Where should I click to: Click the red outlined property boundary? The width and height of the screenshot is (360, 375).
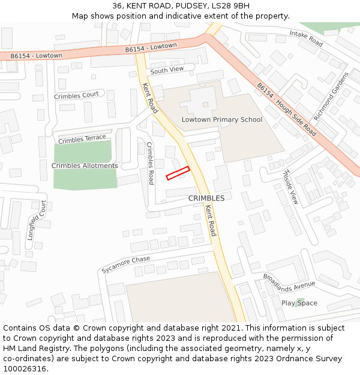tap(178, 173)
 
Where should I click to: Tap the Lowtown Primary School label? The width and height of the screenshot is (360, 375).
tap(222, 119)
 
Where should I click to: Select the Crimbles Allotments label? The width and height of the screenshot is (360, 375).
tap(85, 166)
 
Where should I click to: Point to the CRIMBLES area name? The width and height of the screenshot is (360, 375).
tap(206, 198)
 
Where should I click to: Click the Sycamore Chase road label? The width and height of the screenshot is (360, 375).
tap(125, 264)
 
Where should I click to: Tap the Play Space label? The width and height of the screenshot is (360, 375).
tap(299, 303)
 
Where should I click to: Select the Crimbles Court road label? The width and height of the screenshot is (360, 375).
tap(76, 95)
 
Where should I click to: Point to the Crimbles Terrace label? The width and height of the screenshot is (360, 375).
tap(82, 139)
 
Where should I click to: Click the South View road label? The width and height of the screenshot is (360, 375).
tap(167, 70)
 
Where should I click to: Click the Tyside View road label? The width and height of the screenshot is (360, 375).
tap(290, 187)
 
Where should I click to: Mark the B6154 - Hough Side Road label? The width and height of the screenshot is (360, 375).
tap(286, 109)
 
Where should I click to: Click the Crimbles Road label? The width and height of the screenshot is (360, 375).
tap(151, 163)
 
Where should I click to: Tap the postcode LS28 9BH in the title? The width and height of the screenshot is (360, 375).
tap(226, 6)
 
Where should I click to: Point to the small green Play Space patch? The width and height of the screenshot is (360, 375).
tap(300, 302)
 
